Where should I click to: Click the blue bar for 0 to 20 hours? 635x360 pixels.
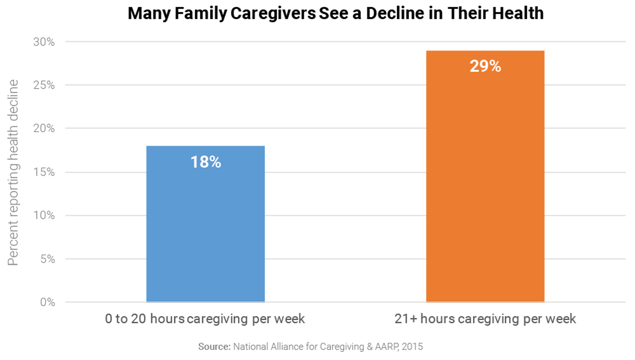pos(205,232)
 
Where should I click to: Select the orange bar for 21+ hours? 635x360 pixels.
pos(485,185)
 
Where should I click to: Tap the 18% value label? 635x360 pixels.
pos(206,162)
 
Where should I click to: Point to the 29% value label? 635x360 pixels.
pos(485,66)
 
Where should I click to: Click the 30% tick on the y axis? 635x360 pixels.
pos(44,42)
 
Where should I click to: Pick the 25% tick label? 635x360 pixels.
pos(44,85)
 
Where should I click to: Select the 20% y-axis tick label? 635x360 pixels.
pos(44,128)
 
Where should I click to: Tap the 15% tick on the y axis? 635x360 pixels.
pos(44,172)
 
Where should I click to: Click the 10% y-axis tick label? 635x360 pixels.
pos(44,215)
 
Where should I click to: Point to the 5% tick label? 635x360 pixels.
pos(47,259)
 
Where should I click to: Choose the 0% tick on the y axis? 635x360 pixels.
pos(47,303)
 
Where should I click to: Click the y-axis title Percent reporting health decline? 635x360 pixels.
pos(13,172)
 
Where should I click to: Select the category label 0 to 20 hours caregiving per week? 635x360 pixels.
pos(205,319)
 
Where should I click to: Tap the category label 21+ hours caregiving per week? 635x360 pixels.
pos(485,319)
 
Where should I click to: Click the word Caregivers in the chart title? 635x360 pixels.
pos(273,14)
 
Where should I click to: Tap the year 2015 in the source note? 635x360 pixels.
pos(412,347)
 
